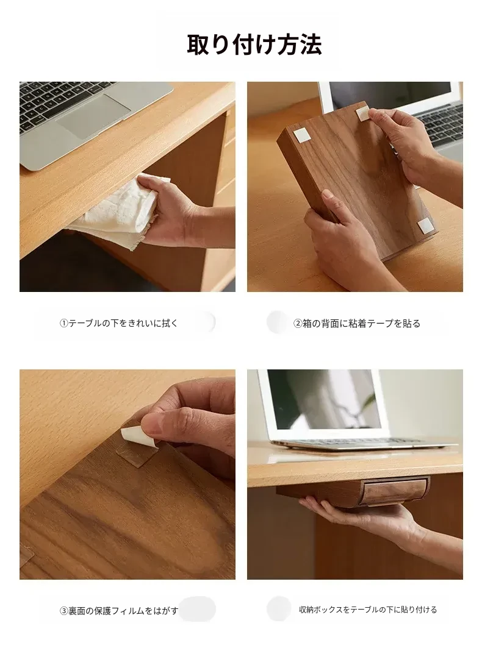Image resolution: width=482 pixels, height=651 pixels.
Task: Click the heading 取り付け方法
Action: coord(254,45)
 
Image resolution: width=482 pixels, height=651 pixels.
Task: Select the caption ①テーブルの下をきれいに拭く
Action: coord(119,323)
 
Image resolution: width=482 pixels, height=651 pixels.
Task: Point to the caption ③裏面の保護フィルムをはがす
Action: coord(119,611)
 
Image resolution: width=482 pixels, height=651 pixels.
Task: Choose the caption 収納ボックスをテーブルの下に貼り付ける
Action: coord(368,610)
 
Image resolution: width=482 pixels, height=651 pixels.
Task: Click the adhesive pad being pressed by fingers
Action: coord(364,114)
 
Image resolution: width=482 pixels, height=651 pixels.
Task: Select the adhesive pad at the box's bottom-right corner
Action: coord(425,226)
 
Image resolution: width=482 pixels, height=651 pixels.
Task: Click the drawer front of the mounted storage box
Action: coord(395,491)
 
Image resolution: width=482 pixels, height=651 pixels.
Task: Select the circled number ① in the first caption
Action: coord(63,323)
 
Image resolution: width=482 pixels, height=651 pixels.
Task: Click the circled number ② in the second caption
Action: coord(298,324)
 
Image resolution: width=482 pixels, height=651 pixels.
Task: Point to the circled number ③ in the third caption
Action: coord(63,611)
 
